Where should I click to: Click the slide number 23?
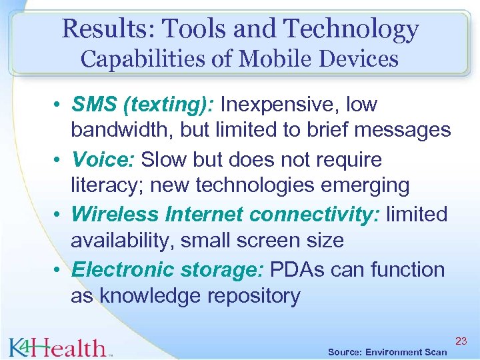click(461, 341)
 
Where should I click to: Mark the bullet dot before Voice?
click(59, 161)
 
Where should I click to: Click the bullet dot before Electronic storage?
click(59, 271)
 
